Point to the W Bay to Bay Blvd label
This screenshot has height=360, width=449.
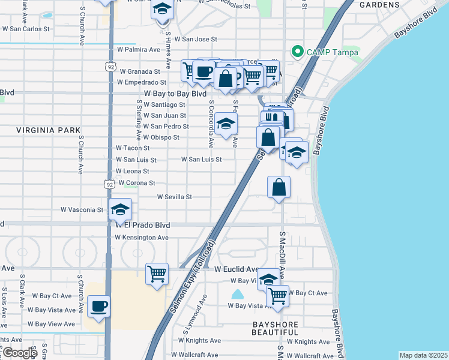[x=175, y=94]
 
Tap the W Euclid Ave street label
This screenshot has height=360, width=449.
[x=237, y=269]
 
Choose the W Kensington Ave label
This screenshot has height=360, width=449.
[x=142, y=238]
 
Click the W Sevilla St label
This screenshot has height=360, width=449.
[x=174, y=196]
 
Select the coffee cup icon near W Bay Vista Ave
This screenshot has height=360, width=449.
[x=98, y=306]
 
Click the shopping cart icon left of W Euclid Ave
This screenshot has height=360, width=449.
[x=157, y=274]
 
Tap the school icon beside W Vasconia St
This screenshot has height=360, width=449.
[x=120, y=209]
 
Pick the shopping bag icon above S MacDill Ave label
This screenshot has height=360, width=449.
[x=279, y=187]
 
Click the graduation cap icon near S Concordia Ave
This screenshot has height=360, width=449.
[x=226, y=124]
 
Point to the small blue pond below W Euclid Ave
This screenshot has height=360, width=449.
[x=238, y=294]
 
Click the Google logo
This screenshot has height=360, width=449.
[x=19, y=353]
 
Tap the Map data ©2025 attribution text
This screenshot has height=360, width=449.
[x=423, y=355]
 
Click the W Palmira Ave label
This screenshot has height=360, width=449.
[x=139, y=49]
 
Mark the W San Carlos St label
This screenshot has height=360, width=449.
[x=25, y=28]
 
